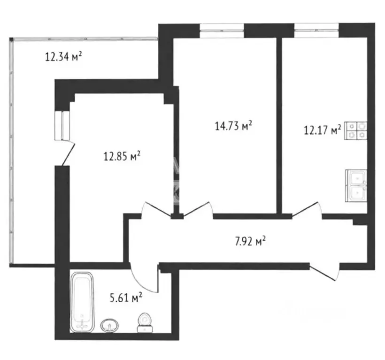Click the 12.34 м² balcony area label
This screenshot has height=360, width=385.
tap(63, 57)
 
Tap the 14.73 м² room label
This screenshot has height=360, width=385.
tap(233, 126)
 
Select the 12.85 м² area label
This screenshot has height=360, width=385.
tap(122, 156)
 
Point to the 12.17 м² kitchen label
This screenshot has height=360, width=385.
tap(323, 130)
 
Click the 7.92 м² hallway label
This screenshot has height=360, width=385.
tap(250, 241)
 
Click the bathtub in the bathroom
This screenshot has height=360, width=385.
tap(82, 302)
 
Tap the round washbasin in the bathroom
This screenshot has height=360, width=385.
tap(109, 326)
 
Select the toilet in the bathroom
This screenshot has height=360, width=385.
tap(145, 323)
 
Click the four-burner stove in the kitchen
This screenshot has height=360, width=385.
tap(356, 131)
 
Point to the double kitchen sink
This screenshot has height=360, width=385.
tap(356, 186)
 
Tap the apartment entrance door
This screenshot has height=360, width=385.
tap(324, 272)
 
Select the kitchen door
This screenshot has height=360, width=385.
tap(306, 210)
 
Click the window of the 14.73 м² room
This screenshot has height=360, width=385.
tap(222, 31)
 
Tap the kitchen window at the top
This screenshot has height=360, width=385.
tap(316, 30)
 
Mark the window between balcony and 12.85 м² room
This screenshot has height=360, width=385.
tap(62, 126)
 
